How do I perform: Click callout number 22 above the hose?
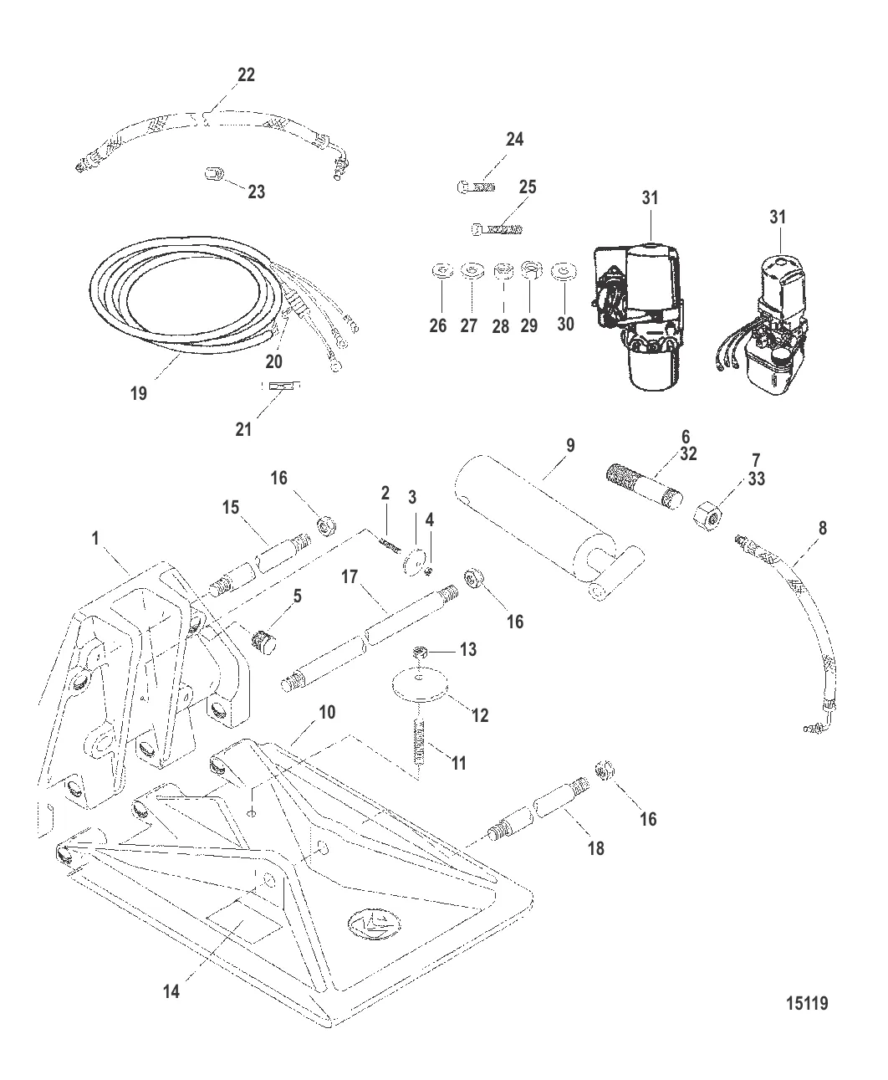tap(246, 74)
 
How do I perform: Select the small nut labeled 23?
tap(213, 175)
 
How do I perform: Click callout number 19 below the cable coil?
tap(138, 392)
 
